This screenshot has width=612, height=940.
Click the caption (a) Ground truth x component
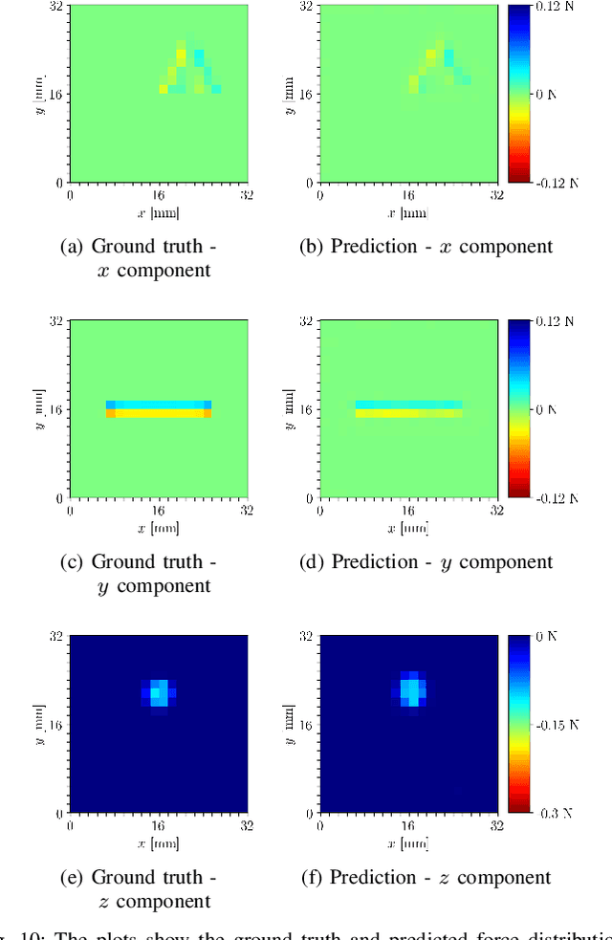(139, 258)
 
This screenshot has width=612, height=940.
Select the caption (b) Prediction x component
(426, 247)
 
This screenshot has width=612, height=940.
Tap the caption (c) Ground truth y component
(139, 574)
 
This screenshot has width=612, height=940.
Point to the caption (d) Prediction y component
(426, 562)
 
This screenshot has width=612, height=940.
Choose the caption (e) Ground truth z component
(139, 889)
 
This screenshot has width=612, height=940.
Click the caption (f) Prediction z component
(426, 878)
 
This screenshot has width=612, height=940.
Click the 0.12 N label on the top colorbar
(559, 7)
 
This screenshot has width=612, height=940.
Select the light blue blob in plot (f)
(410, 689)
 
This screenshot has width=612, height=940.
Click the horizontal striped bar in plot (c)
(159, 409)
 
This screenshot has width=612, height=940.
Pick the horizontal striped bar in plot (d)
(408, 409)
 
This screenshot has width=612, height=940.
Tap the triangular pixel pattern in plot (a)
(190, 70)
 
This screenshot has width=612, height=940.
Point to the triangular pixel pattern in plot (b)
(439, 70)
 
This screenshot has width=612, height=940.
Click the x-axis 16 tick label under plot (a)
(158, 194)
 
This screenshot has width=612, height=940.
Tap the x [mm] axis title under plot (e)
(159, 843)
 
